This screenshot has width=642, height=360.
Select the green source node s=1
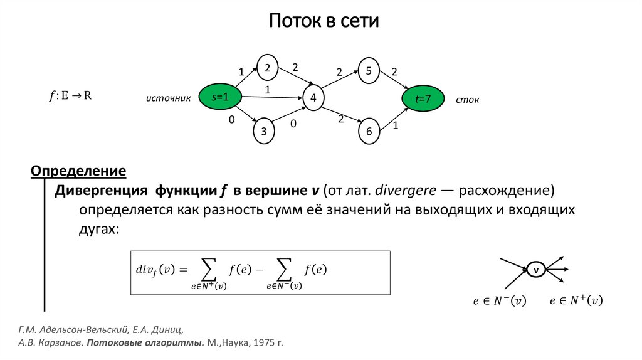tap(220, 97)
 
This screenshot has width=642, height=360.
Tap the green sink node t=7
tap(423, 98)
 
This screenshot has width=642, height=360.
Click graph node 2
tap(267, 68)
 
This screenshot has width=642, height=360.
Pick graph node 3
tap(264, 130)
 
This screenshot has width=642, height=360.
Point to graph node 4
tap(313, 98)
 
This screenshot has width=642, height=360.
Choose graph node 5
tap(369, 70)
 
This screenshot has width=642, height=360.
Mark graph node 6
tap(369, 131)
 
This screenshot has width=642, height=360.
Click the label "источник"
tap(167, 99)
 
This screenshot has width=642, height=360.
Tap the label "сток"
tap(468, 100)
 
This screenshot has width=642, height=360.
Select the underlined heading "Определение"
tap(79, 171)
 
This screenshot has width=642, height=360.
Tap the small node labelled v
tap(536, 270)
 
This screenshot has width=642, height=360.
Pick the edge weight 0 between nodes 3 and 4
tap(292, 124)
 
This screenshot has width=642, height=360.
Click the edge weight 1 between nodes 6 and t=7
tap(396, 127)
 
